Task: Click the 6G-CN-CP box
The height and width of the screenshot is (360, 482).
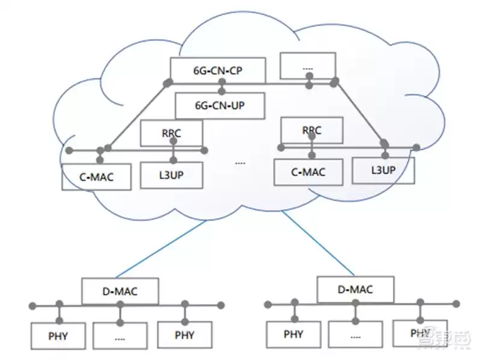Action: tap(218, 70)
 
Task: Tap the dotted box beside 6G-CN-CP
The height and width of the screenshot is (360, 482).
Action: tap(308, 66)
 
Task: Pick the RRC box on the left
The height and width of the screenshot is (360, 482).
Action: tap(172, 133)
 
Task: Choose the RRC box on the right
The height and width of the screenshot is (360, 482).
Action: tap(311, 130)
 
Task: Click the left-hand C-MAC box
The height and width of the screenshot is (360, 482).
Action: tap(96, 177)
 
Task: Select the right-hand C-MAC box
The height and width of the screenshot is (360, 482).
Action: tap(308, 172)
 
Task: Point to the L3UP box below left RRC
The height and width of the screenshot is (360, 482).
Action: tap(172, 174)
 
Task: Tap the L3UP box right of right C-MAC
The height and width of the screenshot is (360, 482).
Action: tap(383, 170)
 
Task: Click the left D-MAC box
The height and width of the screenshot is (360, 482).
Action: tap(120, 292)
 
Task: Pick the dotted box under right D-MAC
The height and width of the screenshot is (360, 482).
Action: tap(355, 335)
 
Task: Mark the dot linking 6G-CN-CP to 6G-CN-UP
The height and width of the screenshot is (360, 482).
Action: tap(222, 92)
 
